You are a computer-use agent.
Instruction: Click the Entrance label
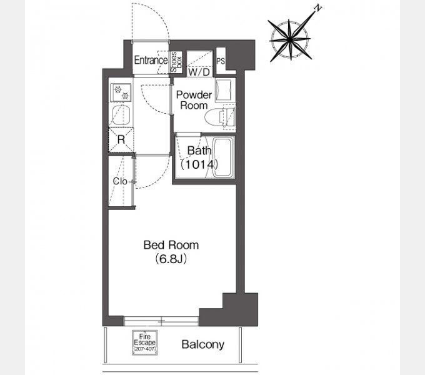pos(151,60)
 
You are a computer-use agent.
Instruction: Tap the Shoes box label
pos(176,62)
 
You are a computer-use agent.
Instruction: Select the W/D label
pos(199,72)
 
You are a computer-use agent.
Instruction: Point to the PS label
pos(221,61)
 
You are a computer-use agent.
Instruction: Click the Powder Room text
pos(194,100)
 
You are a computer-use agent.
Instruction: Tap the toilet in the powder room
pos(221,117)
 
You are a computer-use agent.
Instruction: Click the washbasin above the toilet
pos(224,90)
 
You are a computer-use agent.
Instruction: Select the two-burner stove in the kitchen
pos(121,92)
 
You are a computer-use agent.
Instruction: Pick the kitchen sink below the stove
pos(121,115)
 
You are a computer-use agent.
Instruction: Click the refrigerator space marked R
pos(121,140)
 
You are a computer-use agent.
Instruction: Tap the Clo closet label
pos(120,181)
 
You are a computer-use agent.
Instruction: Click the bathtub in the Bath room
pos(223,157)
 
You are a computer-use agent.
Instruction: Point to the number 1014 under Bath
pos(199,164)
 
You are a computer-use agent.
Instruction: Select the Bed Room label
pos(171,245)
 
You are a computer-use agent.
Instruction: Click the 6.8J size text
pos(171,259)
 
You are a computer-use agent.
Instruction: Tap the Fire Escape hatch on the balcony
pos(145,342)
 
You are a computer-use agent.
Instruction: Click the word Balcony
pos(202,344)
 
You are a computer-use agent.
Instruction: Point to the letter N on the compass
pos(317,8)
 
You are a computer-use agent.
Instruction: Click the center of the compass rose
pos(290,39)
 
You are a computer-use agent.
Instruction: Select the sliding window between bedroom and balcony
pos(161,321)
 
